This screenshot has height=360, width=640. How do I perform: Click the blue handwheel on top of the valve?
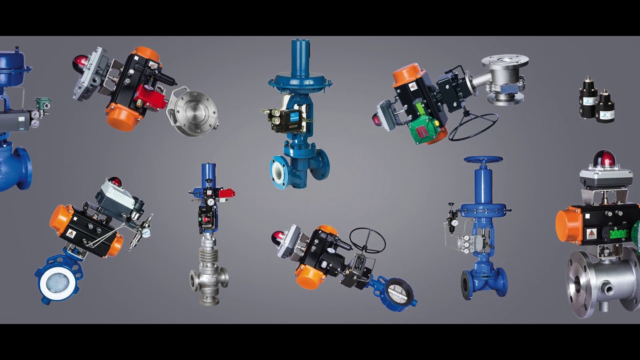pos(483,160)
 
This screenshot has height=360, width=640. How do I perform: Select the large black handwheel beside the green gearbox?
pos(473,127)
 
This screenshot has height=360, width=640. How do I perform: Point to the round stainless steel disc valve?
pos(194,112)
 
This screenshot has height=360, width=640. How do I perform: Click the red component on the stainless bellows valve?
pos(226,193)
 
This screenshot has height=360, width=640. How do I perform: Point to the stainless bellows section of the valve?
pos(207,257)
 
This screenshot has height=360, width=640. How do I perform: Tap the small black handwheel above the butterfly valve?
pos(367,240)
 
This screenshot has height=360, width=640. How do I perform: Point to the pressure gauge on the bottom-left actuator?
pos(146,232)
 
